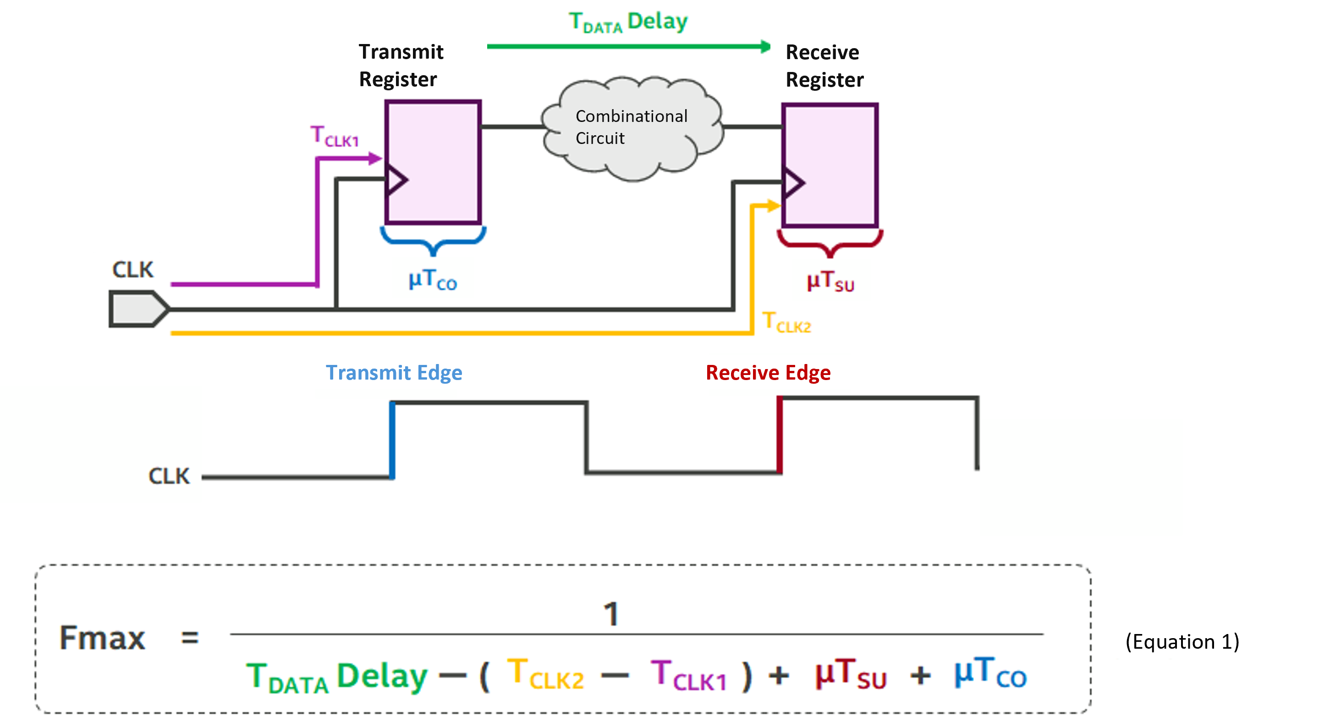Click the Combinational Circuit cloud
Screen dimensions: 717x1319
pos(632,128)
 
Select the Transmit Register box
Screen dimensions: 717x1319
pos(433,161)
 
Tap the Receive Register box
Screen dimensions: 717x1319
pos(830,165)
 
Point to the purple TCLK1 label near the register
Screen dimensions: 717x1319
pos(335,137)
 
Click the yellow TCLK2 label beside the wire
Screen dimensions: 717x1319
pos(786,323)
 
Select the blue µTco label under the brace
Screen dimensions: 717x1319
pos(433,280)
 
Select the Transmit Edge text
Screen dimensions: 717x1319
pos(394,372)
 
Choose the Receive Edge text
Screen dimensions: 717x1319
pos(768,372)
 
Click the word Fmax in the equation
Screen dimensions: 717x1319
pos(102,638)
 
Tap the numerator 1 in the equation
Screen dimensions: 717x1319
pos(611,613)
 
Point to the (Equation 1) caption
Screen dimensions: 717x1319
pos(1182,642)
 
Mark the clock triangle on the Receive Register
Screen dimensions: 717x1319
pos(793,183)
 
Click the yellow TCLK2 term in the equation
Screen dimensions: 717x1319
pos(545,675)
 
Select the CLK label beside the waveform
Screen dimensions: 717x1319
pos(169,476)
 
